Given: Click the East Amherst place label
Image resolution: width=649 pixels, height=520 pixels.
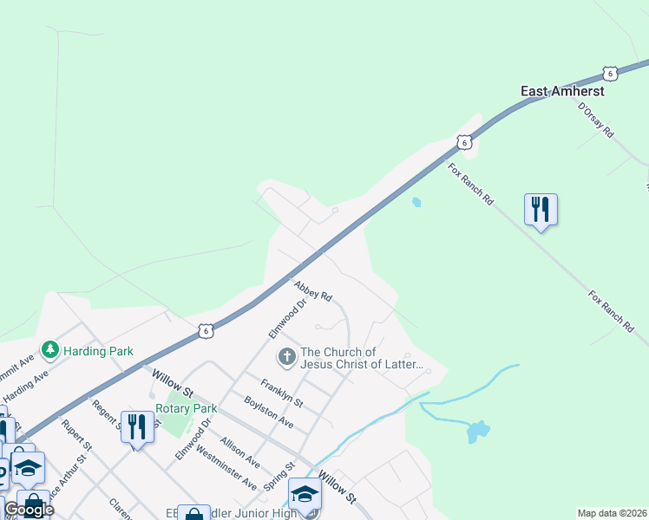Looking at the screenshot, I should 561,90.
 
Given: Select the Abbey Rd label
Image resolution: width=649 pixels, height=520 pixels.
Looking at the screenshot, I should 313,290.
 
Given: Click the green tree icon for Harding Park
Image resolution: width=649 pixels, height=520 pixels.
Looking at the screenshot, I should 50,350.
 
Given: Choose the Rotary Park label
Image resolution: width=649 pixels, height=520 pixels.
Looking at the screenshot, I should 186,408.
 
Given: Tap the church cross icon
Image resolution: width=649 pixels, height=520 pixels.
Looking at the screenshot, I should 286,356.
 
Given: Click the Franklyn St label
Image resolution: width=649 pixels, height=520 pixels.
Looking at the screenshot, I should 282,392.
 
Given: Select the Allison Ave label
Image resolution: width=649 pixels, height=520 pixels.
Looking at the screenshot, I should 239,453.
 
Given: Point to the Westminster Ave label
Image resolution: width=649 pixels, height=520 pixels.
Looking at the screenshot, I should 226,468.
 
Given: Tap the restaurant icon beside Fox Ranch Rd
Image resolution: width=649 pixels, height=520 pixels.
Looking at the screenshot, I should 541,209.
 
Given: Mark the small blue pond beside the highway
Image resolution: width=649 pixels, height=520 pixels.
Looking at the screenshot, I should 416,203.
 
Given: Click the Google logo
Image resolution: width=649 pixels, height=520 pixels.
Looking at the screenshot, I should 29,510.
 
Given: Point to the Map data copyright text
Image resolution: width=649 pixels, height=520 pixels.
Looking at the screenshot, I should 612,513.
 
